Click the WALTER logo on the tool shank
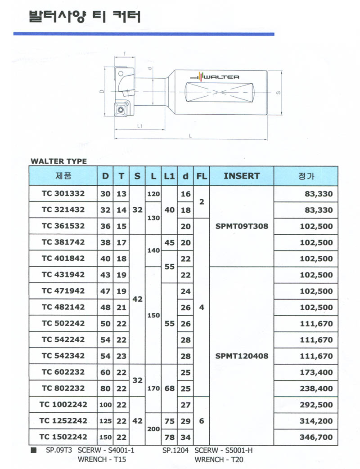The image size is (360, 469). [x=219, y=77]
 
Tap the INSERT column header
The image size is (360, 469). [x=242, y=176]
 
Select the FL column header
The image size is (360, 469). [x=201, y=176]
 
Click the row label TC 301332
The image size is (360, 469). [x=63, y=194]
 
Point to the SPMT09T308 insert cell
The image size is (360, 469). [x=242, y=226]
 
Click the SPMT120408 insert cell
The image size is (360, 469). [x=242, y=356]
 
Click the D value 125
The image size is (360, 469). [x=105, y=421]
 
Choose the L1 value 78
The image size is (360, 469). [x=169, y=437]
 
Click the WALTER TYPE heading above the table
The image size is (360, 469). [x=58, y=161]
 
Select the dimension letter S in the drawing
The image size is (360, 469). [x=279, y=93]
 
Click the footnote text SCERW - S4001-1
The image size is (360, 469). [x=106, y=450]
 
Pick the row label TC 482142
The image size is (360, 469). [x=63, y=308]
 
